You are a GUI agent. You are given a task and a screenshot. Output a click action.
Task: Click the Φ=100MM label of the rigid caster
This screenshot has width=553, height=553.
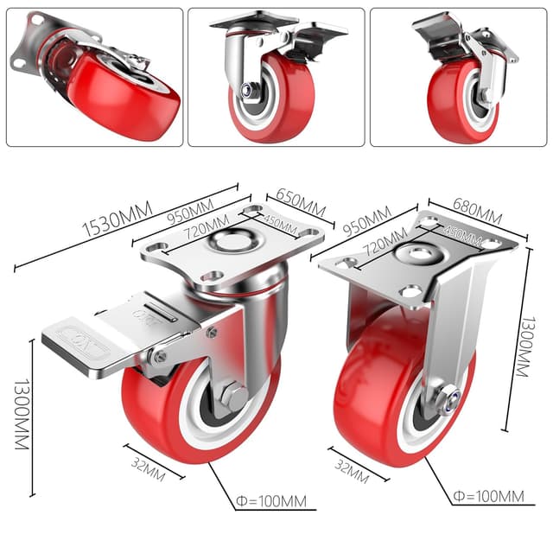pyautogui.click(x=488, y=496)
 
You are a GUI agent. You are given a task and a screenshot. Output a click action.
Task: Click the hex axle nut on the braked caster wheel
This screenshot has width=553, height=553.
pyautogui.click(x=233, y=397)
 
